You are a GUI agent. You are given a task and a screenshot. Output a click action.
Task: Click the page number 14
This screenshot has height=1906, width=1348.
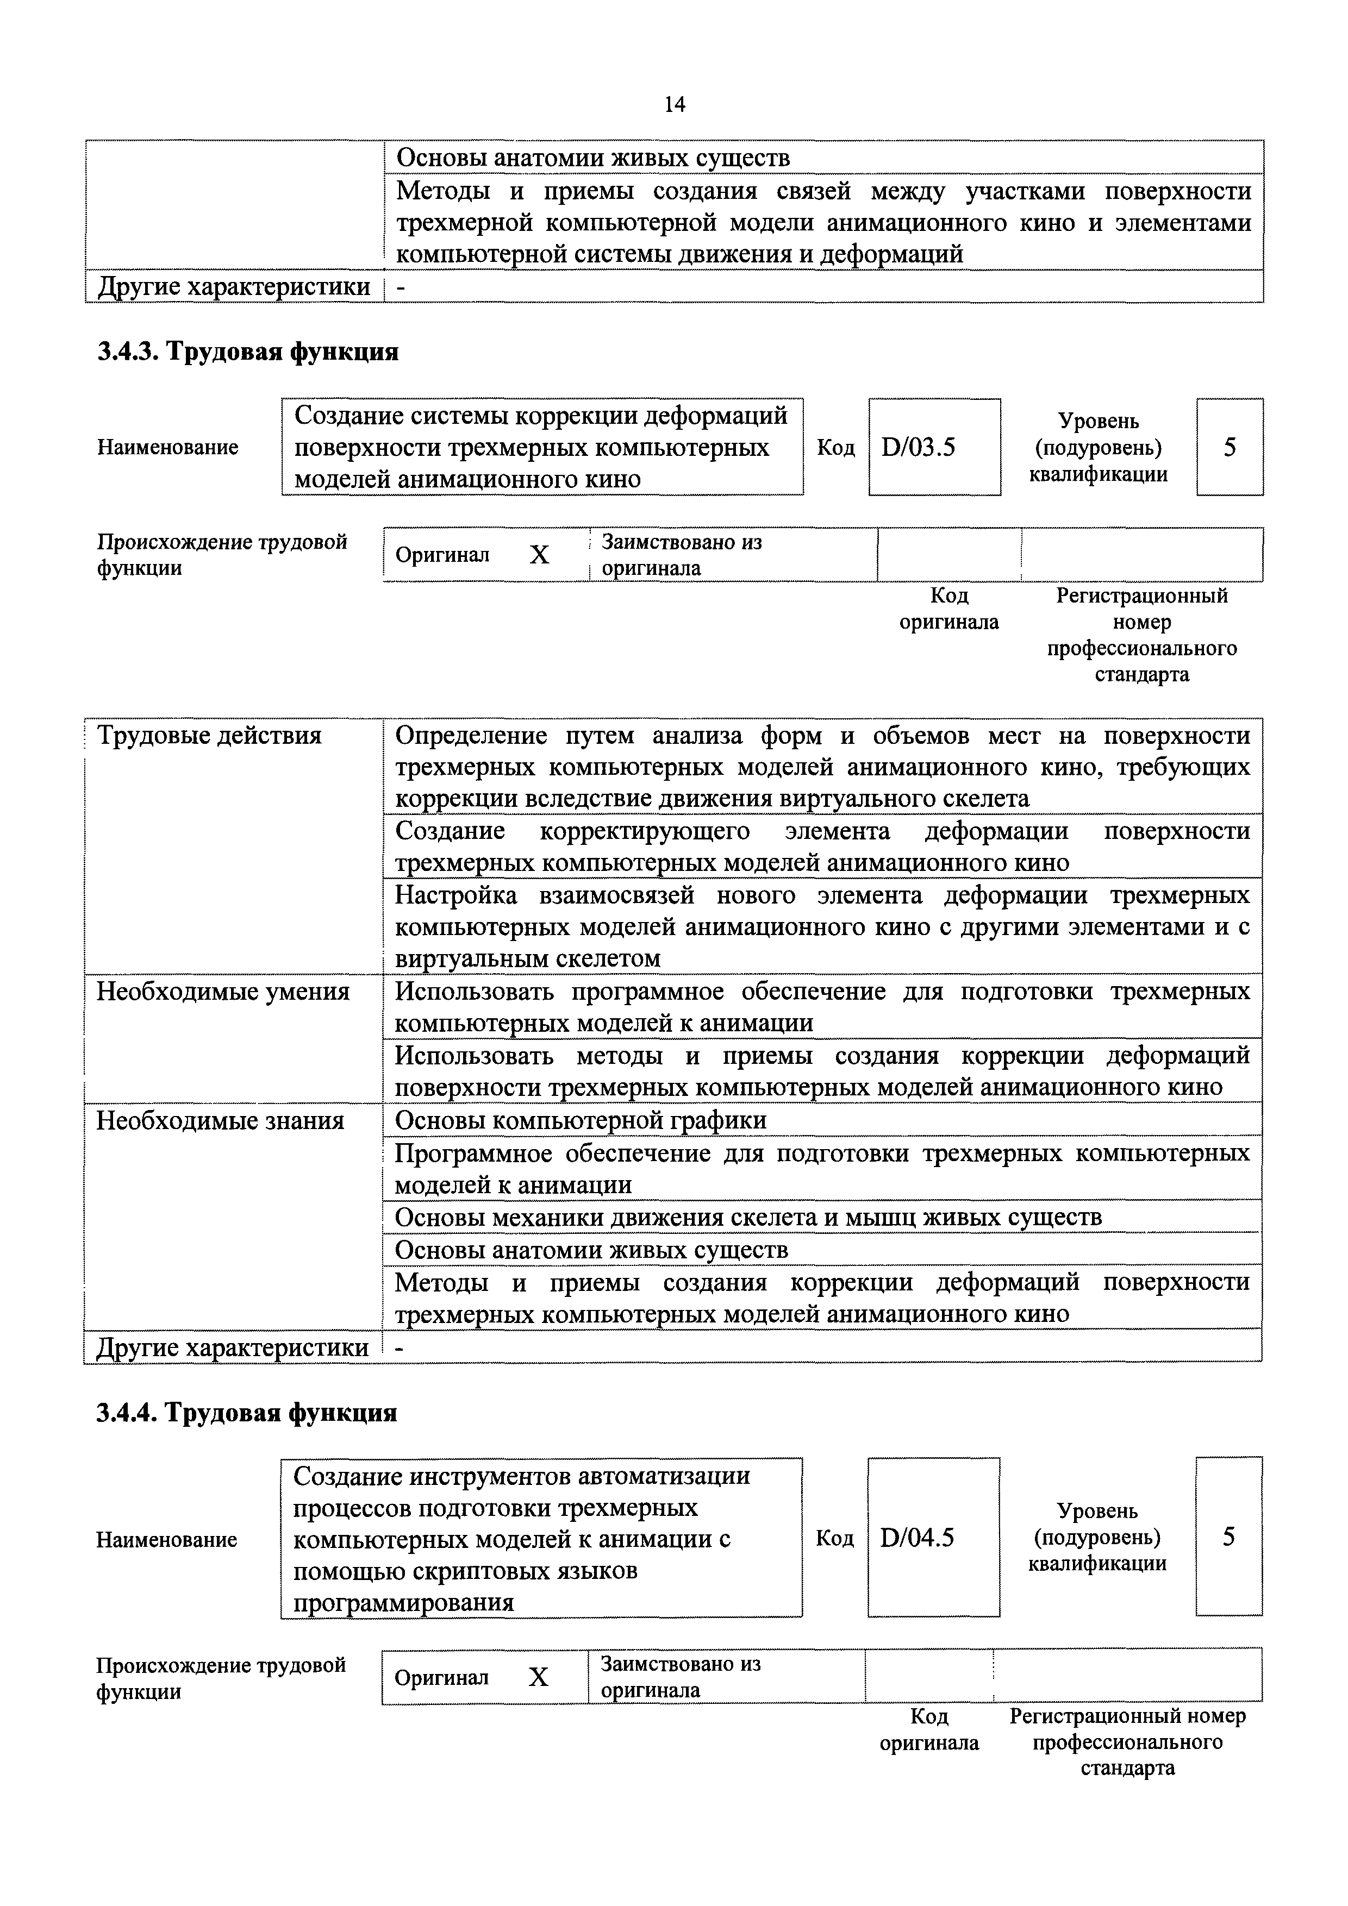click(675, 104)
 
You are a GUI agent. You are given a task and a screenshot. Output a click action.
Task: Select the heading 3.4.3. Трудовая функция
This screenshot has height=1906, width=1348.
click(247, 352)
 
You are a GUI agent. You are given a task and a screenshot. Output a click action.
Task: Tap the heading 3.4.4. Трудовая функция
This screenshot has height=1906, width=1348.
click(247, 1412)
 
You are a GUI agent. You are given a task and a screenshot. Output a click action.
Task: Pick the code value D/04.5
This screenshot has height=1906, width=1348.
click(917, 1538)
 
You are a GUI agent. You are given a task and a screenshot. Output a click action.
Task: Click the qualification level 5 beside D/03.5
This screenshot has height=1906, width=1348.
click(1229, 448)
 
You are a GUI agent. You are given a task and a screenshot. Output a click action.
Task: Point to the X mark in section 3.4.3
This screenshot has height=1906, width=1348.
click(539, 555)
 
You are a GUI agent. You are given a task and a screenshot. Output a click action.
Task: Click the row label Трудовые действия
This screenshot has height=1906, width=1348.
click(209, 736)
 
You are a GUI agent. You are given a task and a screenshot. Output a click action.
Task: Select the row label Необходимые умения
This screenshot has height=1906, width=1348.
click(223, 991)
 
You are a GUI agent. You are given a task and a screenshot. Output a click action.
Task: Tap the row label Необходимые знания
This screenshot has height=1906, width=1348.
click(220, 1121)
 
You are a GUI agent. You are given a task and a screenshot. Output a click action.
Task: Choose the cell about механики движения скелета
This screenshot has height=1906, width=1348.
click(747, 1217)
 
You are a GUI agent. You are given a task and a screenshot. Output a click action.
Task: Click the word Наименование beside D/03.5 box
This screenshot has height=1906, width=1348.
click(168, 448)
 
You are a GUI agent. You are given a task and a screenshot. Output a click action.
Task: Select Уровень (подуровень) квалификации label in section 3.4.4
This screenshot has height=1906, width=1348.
click(1097, 1538)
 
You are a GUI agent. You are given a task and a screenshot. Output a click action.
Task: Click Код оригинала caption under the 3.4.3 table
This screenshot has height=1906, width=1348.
click(948, 609)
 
